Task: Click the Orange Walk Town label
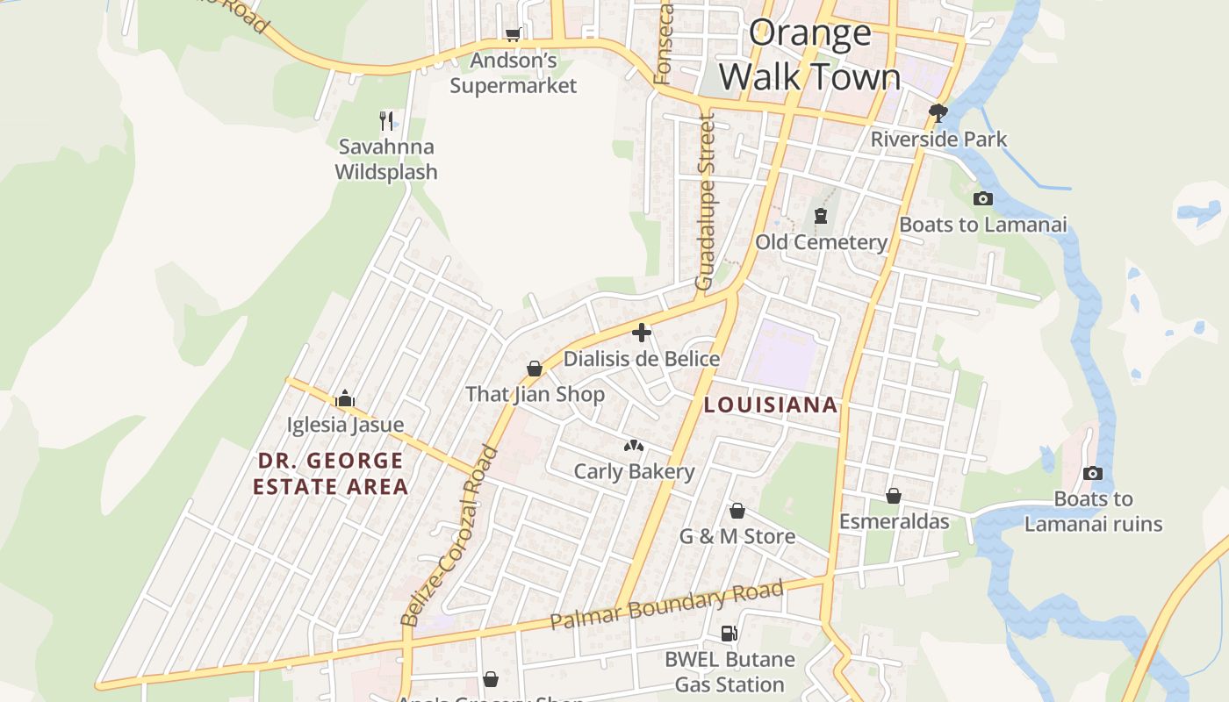pos(809,55)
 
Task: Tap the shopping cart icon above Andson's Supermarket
pos(513,34)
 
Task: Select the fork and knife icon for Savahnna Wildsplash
pos(386,120)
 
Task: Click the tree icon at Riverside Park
pos(938,112)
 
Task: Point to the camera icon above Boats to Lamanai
pos(983,198)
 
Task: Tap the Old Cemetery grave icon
pos(821,215)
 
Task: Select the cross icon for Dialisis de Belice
pos(642,333)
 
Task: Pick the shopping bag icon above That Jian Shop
pos(535,368)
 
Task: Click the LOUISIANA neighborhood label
pos(771,405)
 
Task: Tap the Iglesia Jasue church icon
pos(345,398)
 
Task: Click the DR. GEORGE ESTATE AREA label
pos(331,473)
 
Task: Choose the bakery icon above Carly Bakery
pos(633,446)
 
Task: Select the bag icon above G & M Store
pos(737,510)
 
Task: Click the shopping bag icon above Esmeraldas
pos(894,496)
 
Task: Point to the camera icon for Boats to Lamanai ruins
pos(1093,473)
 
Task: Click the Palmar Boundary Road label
pos(666,605)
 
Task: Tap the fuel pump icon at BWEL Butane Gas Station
pos(729,633)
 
